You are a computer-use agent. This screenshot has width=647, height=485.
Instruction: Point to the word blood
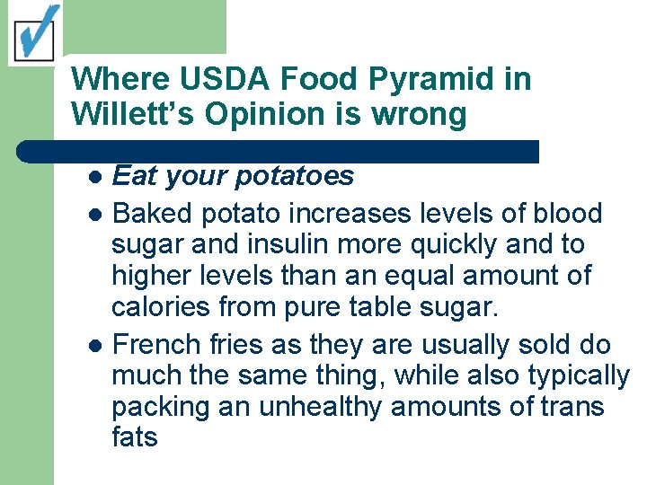567,214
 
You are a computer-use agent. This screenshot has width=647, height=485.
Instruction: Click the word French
150,344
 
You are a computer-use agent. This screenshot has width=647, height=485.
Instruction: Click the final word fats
134,438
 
